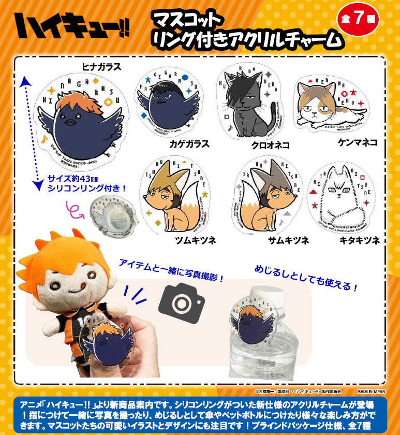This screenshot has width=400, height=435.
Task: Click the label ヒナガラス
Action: [x=101, y=66]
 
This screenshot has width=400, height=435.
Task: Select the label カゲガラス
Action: [x=190, y=144]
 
